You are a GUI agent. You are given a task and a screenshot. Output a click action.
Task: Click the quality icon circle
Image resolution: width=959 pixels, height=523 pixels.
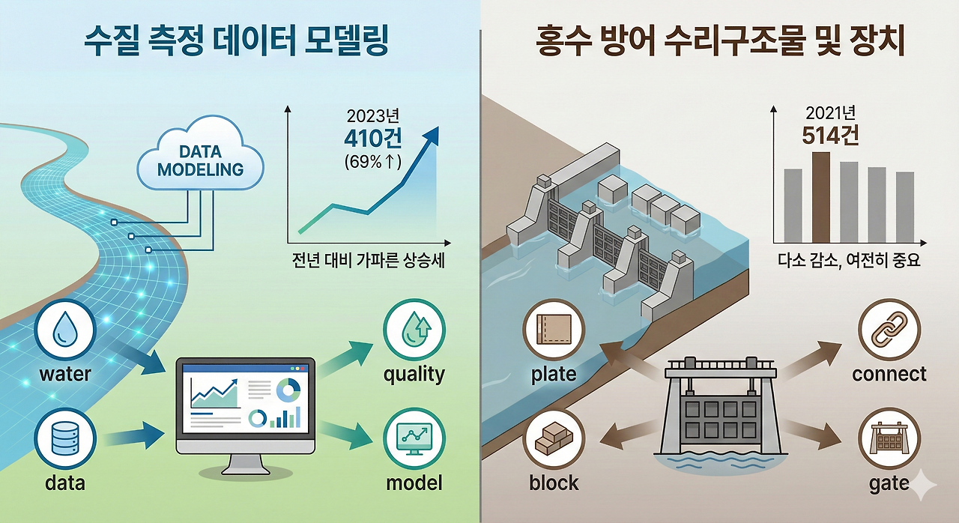(414, 330)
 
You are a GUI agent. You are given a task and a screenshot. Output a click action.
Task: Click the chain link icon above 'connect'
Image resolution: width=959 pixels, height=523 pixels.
(889, 330)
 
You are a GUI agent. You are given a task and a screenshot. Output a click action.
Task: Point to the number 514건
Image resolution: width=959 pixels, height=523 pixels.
(830, 136)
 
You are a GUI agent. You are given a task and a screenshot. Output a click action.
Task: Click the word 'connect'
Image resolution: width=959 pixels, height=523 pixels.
(889, 374)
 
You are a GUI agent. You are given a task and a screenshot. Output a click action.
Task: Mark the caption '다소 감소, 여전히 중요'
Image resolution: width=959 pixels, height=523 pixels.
(848, 261)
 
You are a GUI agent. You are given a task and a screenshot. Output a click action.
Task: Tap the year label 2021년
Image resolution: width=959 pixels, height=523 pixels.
(830, 113)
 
